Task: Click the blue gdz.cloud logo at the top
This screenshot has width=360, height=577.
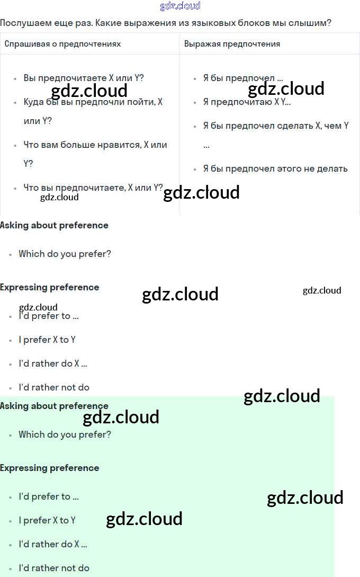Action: click(x=180, y=6)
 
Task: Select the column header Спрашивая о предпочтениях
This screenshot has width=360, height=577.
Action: click(x=62, y=43)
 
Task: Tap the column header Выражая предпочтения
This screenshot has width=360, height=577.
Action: click(x=232, y=43)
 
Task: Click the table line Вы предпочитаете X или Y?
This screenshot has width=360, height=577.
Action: click(x=84, y=78)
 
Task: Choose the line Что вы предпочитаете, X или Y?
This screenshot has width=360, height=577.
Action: click(x=93, y=187)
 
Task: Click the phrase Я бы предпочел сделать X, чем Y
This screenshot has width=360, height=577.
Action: click(x=275, y=126)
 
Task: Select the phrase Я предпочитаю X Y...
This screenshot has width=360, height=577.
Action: click(x=247, y=102)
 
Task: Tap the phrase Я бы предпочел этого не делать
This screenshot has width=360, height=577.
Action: click(x=275, y=168)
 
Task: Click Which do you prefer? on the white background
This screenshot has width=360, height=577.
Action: click(x=65, y=254)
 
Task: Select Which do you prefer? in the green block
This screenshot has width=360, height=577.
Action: click(x=65, y=434)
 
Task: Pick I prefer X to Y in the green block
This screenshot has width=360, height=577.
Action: click(x=47, y=520)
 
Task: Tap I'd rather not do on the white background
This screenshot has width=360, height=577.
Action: click(x=54, y=387)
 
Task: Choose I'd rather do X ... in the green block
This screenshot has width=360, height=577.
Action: click(x=53, y=544)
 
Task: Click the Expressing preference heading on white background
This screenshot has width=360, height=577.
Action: click(x=50, y=287)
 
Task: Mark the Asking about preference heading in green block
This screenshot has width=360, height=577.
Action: click(x=54, y=406)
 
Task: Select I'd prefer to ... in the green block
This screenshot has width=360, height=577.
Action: click(x=49, y=496)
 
